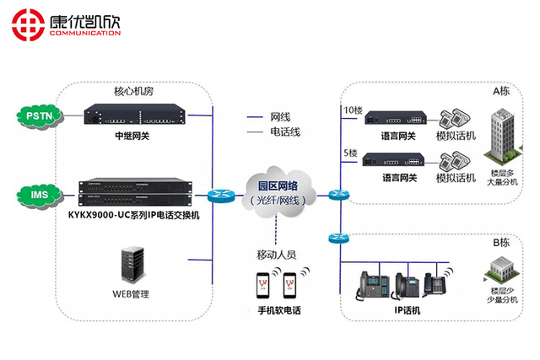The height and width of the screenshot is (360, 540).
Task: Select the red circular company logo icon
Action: (27, 25)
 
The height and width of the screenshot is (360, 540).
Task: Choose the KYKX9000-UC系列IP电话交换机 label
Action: (133, 215)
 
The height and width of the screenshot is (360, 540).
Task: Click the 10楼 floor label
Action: (353, 110)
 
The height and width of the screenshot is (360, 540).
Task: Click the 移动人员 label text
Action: (276, 254)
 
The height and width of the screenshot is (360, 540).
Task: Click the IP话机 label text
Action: (407, 310)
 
